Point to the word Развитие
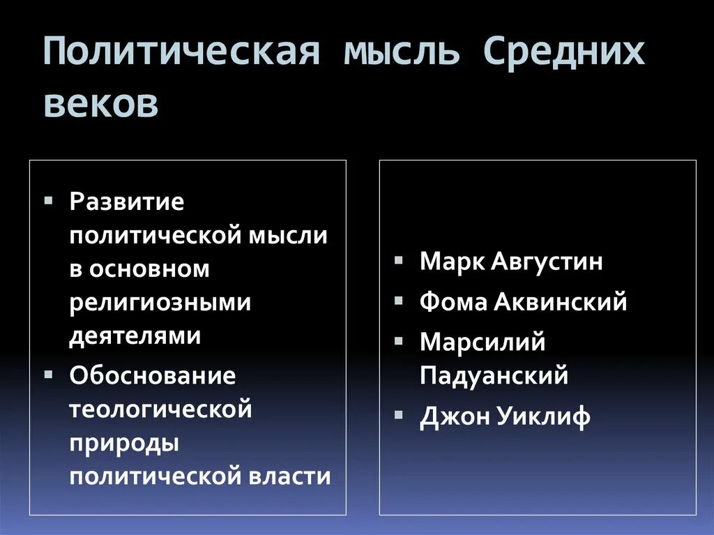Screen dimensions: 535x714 127,203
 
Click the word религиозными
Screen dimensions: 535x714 160,303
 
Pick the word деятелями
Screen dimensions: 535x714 135,336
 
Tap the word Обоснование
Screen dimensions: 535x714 153,376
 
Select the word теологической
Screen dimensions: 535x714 160,409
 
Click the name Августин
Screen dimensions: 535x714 547,262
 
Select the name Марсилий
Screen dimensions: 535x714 483,342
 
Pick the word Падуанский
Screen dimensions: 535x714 494,376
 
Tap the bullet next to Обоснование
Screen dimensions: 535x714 47,372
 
